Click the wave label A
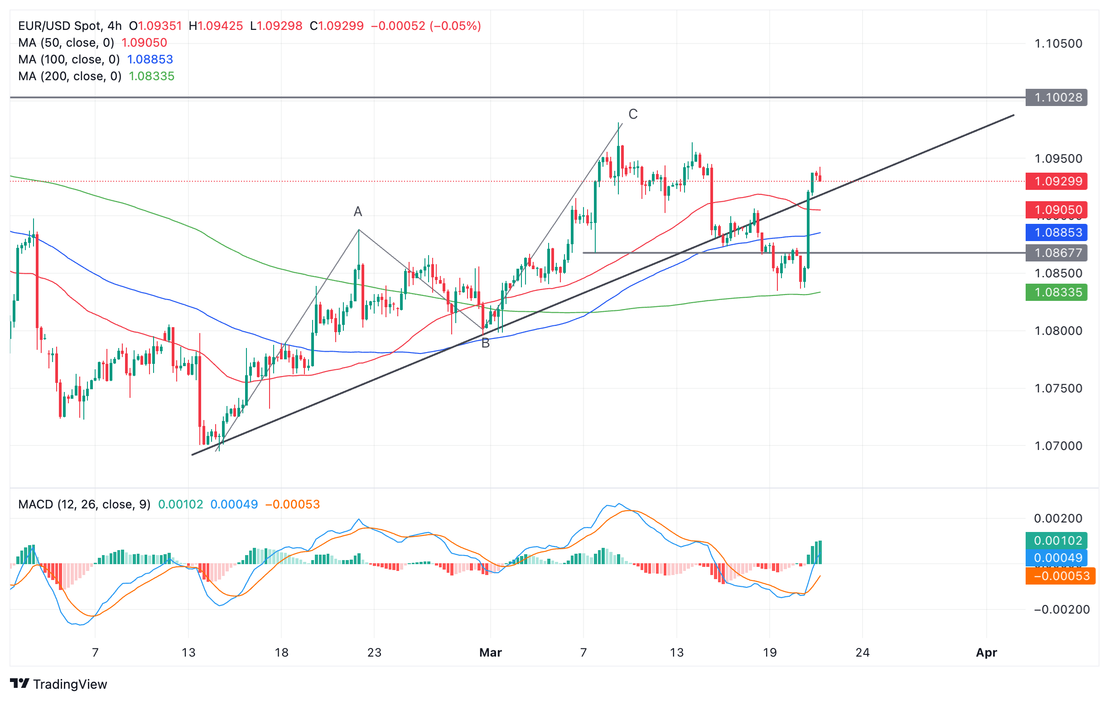click(358, 212)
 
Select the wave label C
click(633, 114)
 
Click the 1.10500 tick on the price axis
click(1058, 44)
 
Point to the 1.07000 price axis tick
click(1058, 446)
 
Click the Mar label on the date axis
click(491, 653)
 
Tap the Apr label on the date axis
click(987, 653)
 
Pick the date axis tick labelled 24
click(863, 653)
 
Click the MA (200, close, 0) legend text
click(70, 76)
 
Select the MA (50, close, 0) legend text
click(66, 43)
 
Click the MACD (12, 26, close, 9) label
click(84, 504)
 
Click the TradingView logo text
click(70, 684)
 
